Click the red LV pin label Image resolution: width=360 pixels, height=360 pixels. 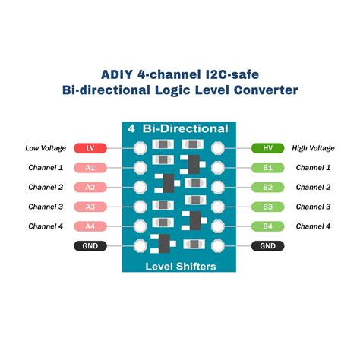pyautogui.click(x=90, y=148)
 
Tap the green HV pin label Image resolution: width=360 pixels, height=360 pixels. pyautogui.click(x=268, y=148)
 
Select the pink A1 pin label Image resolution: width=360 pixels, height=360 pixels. pyautogui.click(x=90, y=168)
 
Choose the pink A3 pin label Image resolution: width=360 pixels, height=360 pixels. pyautogui.click(x=90, y=207)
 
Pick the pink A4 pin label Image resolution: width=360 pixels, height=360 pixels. pyautogui.click(x=90, y=226)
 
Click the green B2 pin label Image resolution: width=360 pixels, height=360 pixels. pyautogui.click(x=268, y=187)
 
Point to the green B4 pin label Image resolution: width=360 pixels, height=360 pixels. pyautogui.click(x=268, y=226)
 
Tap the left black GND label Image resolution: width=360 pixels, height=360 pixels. pyautogui.click(x=90, y=246)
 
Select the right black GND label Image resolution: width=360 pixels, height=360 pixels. pyautogui.click(x=268, y=246)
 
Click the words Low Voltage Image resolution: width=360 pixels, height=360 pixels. pyautogui.click(x=46, y=148)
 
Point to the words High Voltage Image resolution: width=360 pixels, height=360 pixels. pyautogui.click(x=313, y=148)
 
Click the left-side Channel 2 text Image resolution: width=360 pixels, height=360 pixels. pyautogui.click(x=46, y=187)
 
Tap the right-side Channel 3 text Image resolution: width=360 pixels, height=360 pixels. pyautogui.click(x=313, y=207)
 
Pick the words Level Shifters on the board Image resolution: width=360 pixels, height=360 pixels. pyautogui.click(x=180, y=266)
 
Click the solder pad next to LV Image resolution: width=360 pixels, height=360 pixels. pyautogui.click(x=140, y=148)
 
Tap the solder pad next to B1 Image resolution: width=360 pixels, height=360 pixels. pyautogui.click(x=219, y=168)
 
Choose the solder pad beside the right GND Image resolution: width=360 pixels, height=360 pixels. pyautogui.click(x=219, y=246)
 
